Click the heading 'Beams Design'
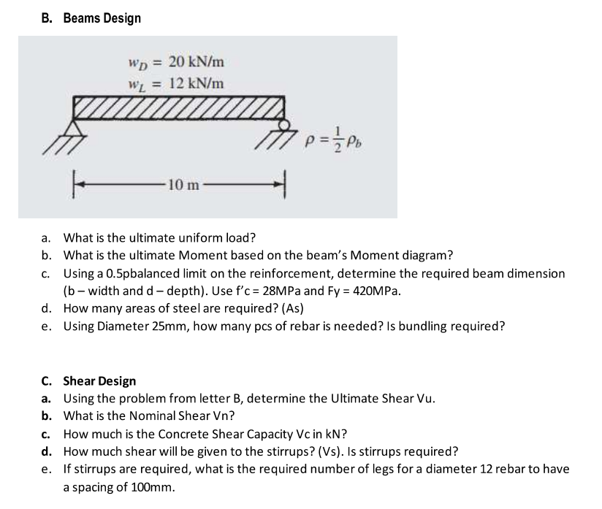point(102,18)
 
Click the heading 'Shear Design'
point(99,380)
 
